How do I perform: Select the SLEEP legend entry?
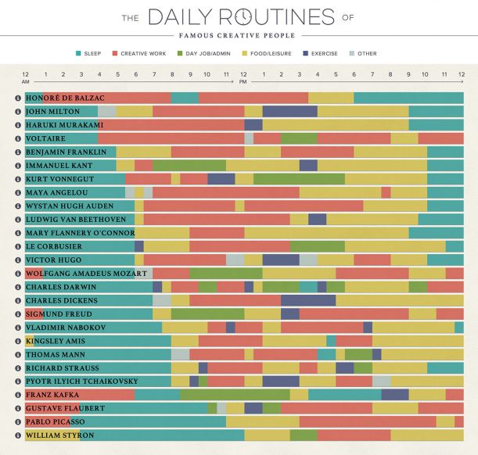(x=92, y=54)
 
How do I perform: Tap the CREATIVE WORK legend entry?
(x=142, y=54)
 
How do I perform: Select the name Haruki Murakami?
(x=64, y=124)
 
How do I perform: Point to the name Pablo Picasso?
(x=56, y=421)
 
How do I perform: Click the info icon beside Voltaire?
(x=18, y=138)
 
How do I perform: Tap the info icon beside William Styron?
(x=18, y=435)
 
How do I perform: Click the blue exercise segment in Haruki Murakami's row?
(x=253, y=124)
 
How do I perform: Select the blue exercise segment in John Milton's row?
(x=289, y=111)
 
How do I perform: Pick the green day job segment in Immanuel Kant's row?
(x=189, y=165)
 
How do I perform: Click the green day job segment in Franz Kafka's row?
(x=235, y=394)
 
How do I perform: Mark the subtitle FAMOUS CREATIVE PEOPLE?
(x=238, y=35)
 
